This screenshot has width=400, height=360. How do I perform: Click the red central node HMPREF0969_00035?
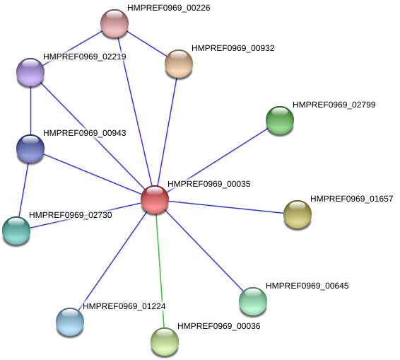coord(155,199)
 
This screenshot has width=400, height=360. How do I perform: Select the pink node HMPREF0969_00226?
coord(114,23)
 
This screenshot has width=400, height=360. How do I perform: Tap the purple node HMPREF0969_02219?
coord(30,71)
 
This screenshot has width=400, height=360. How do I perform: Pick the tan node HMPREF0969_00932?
coord(179,64)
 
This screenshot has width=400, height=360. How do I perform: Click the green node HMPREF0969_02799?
coord(280,120)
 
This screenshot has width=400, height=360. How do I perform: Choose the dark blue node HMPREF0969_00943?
coord(30,148)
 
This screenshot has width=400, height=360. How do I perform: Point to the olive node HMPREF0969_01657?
coord(298,214)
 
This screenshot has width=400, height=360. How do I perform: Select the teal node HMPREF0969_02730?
coord(16,230)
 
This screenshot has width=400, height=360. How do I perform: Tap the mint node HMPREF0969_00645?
coord(253,301)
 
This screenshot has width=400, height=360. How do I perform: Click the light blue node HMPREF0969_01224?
coord(70,321)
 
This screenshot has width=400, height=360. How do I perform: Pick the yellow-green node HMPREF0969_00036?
coord(165,341)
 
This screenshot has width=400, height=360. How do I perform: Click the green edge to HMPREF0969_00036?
coord(160,269)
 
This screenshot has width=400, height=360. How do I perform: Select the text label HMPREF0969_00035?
coord(208,184)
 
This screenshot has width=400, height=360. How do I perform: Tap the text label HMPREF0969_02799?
coord(336,105)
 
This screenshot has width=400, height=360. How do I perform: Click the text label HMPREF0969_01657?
coord(351,199)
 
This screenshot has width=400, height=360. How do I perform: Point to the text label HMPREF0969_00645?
coord(307,286)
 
